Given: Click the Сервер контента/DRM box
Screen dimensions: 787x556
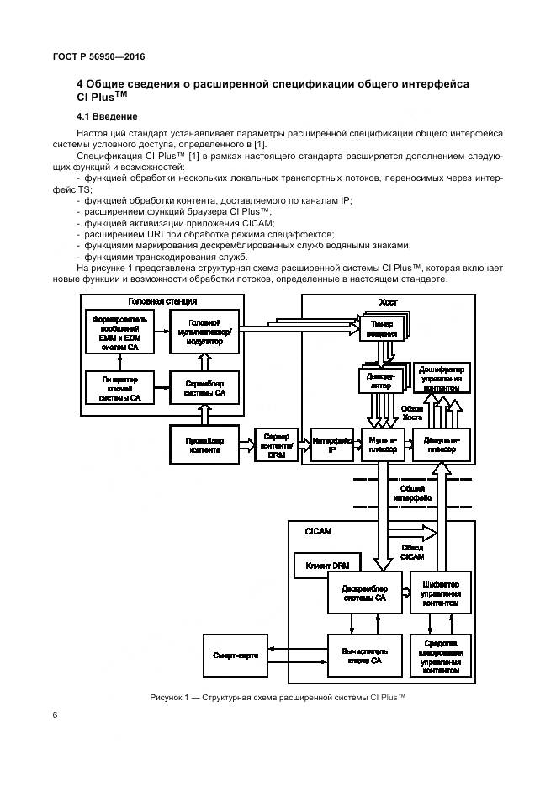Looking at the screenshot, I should tap(276, 444).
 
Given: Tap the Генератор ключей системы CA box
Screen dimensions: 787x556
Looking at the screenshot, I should tap(119, 387).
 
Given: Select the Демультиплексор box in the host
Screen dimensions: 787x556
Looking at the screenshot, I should tap(442, 444).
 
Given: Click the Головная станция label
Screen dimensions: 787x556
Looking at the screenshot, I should tap(162, 301).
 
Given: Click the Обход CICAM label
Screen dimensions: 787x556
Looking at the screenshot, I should tap(411, 551).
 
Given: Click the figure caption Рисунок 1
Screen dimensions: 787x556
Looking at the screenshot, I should tap(278, 698).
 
